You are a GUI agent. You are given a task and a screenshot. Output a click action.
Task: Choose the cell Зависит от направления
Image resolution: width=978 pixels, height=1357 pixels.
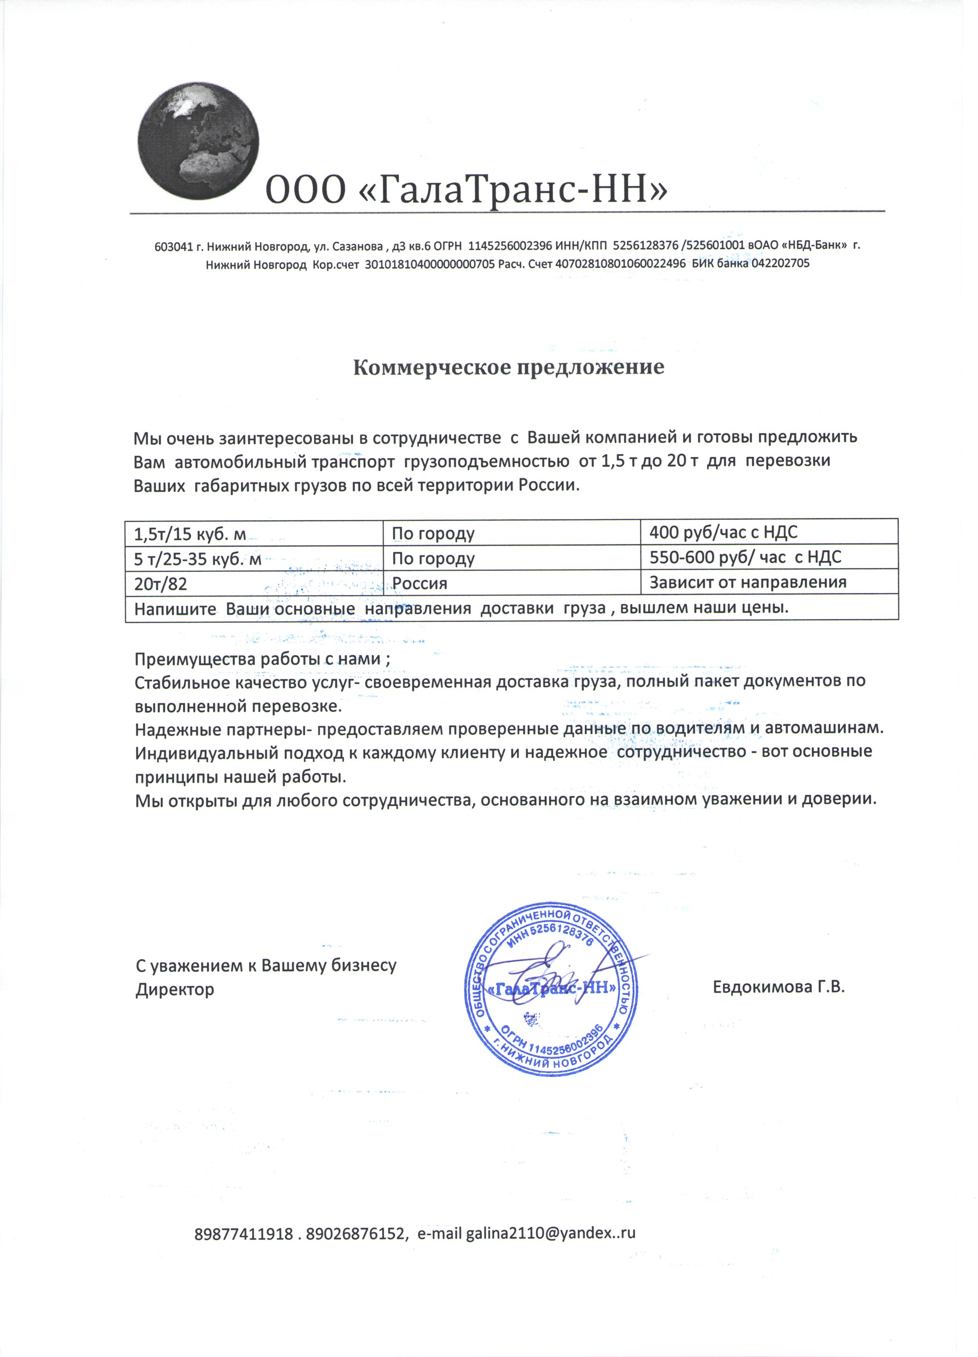pos(748,582)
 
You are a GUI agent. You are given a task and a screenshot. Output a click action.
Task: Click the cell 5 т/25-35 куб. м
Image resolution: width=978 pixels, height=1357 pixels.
pos(197,558)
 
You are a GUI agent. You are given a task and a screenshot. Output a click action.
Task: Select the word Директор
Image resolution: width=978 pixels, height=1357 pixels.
pos(174,989)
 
